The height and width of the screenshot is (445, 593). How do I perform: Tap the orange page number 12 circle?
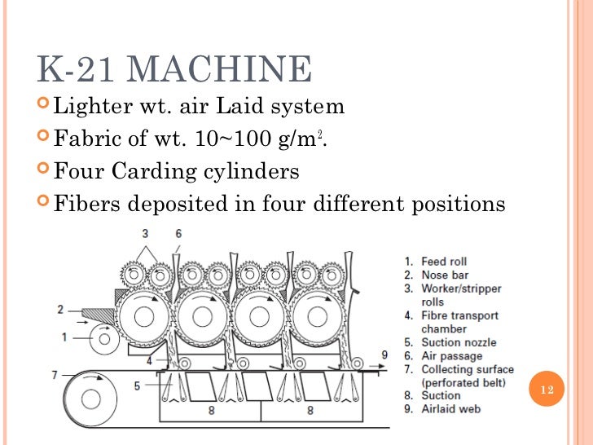[x=547, y=391]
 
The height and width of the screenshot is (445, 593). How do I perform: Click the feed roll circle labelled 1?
[x=104, y=337]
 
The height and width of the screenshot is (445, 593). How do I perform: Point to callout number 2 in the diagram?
[x=60, y=310]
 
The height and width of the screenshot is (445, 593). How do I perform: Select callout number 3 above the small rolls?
[x=145, y=234]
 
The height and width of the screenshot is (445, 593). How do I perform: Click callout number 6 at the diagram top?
[x=178, y=234]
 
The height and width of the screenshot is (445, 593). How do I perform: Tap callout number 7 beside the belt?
[x=55, y=374]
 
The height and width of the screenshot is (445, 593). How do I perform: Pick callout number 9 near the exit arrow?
[x=384, y=355]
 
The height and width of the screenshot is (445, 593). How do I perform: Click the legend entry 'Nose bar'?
[x=444, y=275]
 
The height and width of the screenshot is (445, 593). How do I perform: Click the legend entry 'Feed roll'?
[x=444, y=262]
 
